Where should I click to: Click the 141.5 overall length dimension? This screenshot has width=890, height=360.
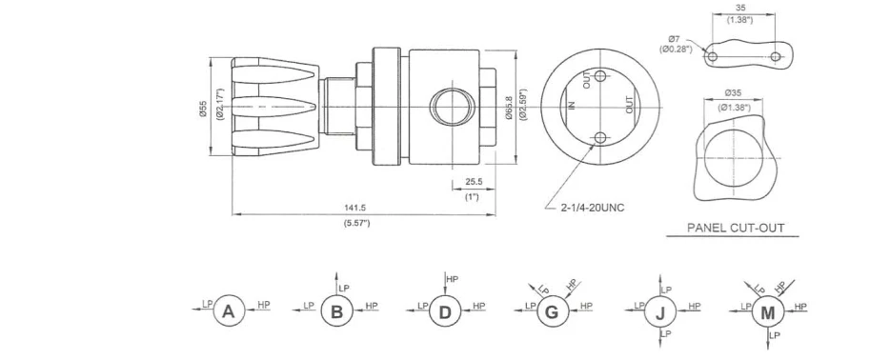click(x=355, y=208)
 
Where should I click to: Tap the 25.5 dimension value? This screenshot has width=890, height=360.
click(x=473, y=182)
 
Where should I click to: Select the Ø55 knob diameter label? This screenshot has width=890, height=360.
click(x=203, y=106)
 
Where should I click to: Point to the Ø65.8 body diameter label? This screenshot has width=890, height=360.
click(x=509, y=107)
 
